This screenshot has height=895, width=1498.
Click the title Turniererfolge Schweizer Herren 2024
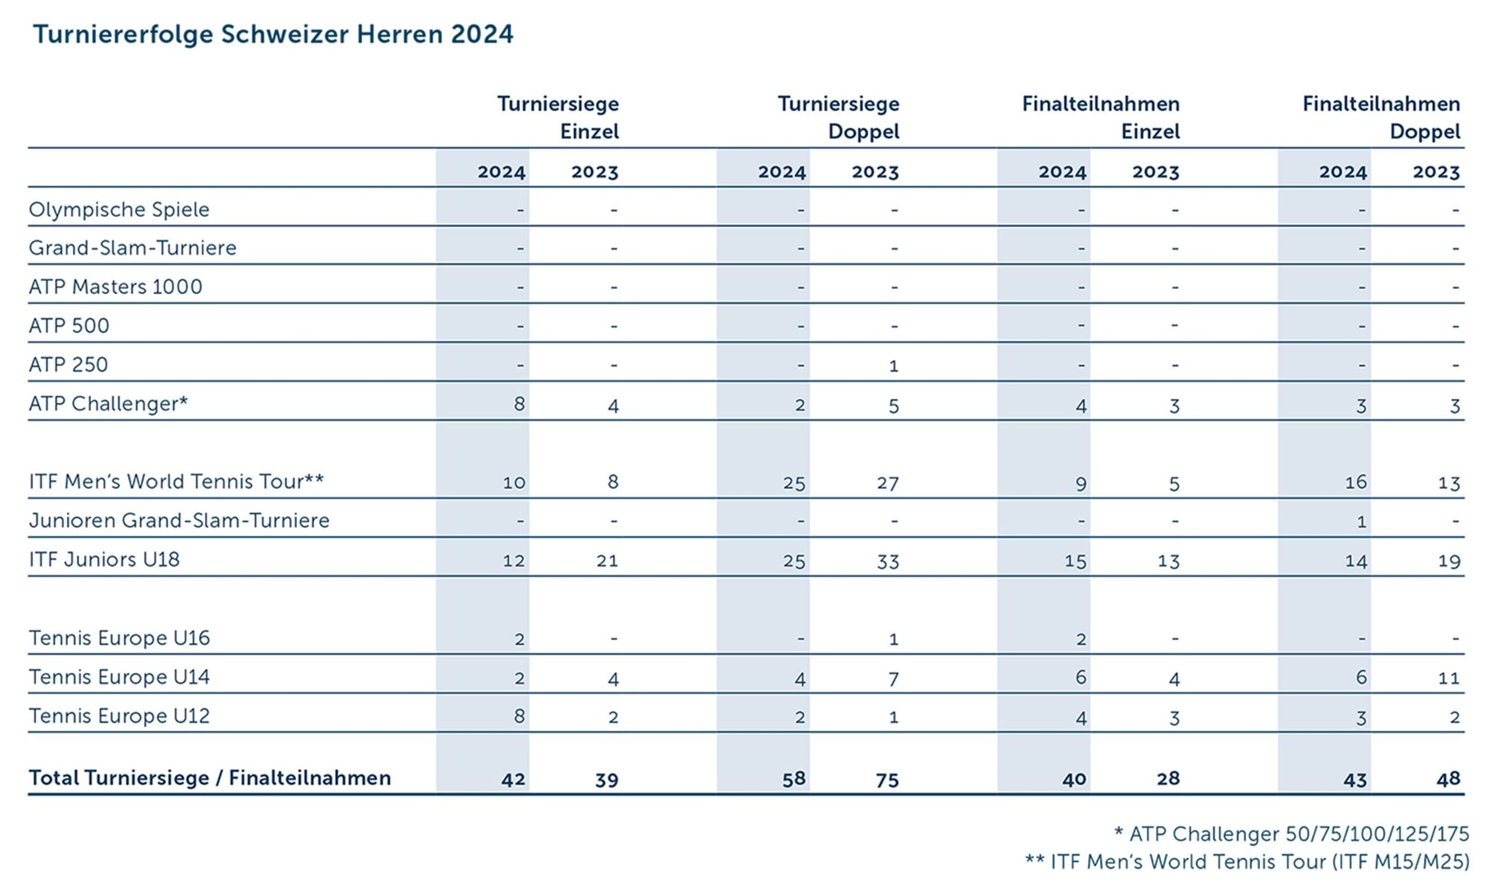[x=273, y=34]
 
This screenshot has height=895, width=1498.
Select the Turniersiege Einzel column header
[x=558, y=118]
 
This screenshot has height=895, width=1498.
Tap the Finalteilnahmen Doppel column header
[x=1381, y=118]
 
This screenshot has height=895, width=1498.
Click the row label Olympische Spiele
[x=119, y=209]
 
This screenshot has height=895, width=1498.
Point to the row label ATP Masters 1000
[x=115, y=286]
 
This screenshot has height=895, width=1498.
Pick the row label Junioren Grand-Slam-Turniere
[x=179, y=520]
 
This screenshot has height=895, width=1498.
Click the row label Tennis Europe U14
[x=119, y=677]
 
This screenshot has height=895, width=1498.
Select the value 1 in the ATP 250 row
[x=894, y=365]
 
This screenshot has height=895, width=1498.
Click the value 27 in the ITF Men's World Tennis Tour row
[x=887, y=483]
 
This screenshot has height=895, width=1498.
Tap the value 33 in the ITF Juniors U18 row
[x=887, y=561]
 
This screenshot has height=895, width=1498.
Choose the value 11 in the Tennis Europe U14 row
[x=1448, y=678]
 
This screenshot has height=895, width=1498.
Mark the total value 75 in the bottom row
[x=887, y=780]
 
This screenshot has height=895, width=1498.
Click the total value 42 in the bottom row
[x=513, y=780]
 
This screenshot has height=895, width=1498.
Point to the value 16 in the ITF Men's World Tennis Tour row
[x=1355, y=482]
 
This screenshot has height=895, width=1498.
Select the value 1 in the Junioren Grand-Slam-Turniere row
[x=1361, y=522]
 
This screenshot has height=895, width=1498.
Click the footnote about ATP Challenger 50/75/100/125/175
[x=1291, y=833]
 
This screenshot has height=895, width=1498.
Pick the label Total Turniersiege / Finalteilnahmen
[x=210, y=778]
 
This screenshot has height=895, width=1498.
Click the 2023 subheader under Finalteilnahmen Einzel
[x=1155, y=172]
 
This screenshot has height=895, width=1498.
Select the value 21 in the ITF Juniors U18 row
[x=607, y=561]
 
